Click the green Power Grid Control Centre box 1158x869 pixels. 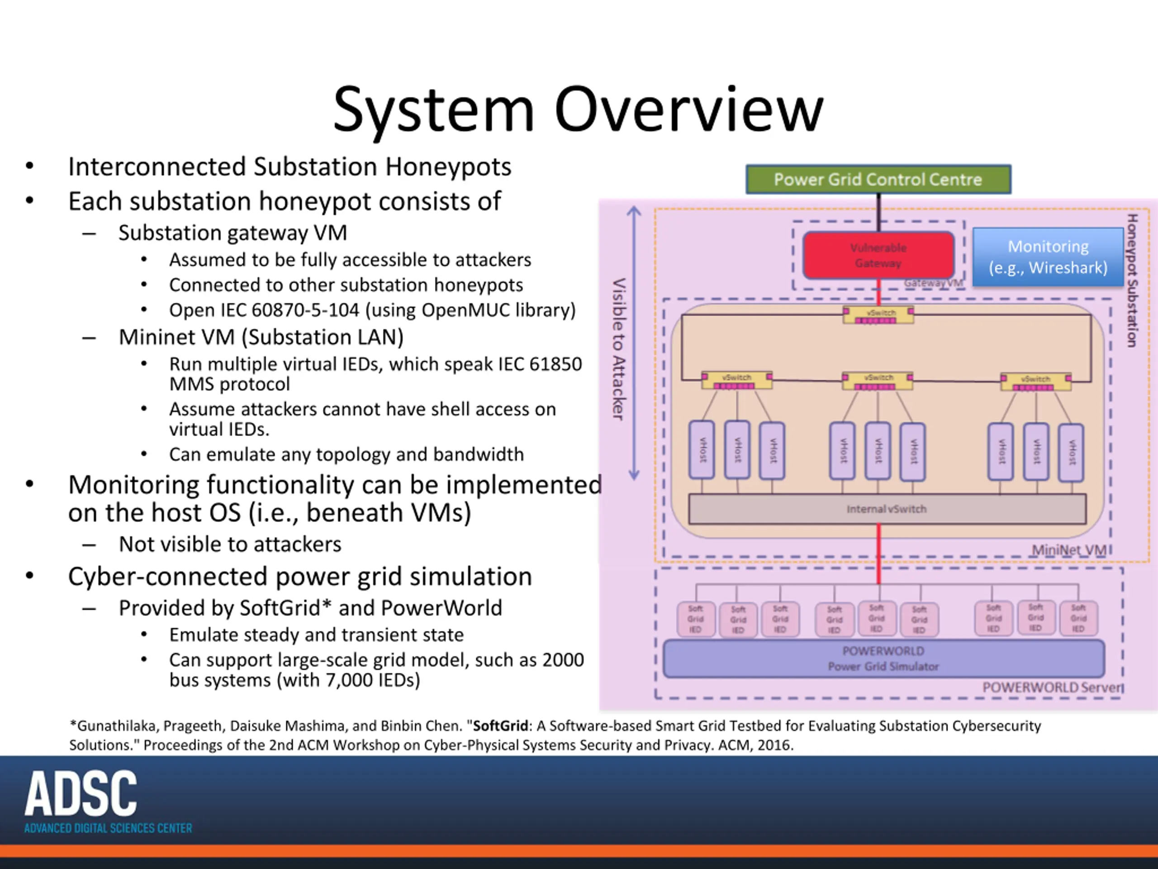coord(878,180)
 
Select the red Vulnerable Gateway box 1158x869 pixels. coord(878,255)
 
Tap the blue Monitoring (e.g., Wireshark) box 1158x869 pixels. coord(1048,257)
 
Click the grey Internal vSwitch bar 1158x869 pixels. coord(886,509)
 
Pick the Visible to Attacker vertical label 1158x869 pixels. coord(618,349)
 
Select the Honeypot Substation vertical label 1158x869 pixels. coord(1132,280)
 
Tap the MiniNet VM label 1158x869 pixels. coord(1068,550)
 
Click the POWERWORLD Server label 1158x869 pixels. coord(1052,687)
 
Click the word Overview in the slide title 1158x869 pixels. coord(688,110)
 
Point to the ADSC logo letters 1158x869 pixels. coord(81,793)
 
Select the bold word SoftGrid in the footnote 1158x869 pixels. coord(500,726)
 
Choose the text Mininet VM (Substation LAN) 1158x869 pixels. coord(261,337)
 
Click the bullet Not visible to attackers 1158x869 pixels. coord(230,544)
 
